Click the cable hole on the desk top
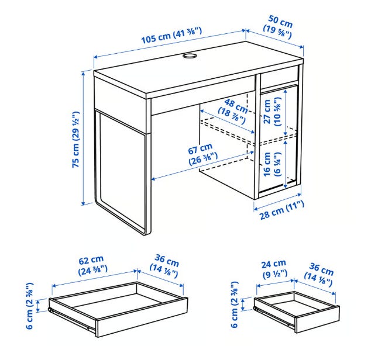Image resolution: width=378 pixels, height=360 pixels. coord(190,56)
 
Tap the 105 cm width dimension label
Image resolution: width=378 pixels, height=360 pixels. coord(171,35)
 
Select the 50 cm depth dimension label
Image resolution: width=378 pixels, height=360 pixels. coord(279,27)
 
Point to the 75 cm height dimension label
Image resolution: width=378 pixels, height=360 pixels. coord(76,140)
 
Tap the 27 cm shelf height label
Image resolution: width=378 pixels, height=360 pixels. coord(272,112)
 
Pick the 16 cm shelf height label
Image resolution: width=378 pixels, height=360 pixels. coord(272,164)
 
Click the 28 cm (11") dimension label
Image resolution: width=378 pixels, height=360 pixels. coord(281,210)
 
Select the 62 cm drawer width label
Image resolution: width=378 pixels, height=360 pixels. coord(92,265)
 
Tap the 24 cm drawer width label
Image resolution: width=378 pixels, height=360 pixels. coord(274,269)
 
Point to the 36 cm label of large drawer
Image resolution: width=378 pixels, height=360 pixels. coord(165,266)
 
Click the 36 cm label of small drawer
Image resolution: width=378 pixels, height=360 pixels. coord(319,275)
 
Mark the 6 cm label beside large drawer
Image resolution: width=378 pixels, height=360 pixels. coord(30,306)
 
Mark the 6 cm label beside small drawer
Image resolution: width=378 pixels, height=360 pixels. coord(235,304)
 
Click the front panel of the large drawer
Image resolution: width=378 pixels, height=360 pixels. coord(142,318)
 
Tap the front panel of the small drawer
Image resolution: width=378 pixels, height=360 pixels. coord(317,320)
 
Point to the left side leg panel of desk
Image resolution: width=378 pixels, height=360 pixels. coord(122,171)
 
